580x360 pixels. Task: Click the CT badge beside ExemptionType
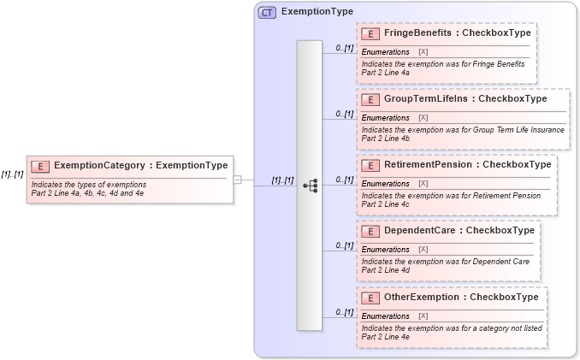267,13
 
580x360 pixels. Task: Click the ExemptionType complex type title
317,13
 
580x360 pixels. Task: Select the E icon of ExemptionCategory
41,166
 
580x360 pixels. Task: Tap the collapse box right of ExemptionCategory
238,180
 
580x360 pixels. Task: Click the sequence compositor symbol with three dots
310,185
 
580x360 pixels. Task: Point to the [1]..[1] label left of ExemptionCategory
12,173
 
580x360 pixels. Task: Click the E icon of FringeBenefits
371,33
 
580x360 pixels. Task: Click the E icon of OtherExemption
371,298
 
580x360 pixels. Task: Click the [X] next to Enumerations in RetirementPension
423,183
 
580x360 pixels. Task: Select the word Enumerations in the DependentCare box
385,249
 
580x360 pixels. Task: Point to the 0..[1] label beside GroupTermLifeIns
344,114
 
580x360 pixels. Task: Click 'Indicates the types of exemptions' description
88,185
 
